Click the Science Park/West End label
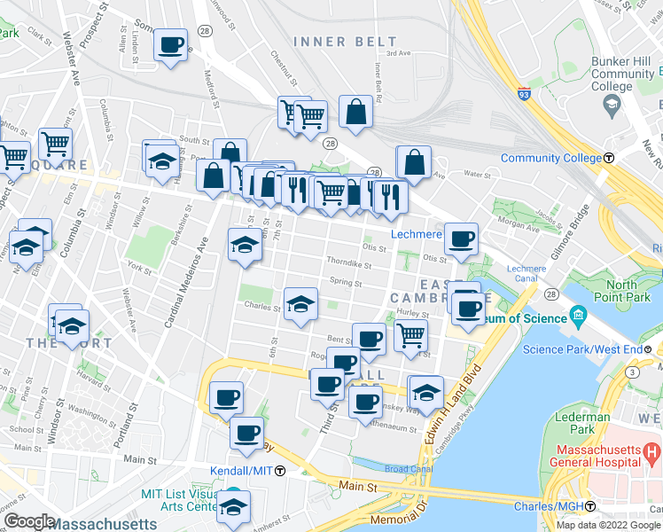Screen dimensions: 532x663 pos(581,348)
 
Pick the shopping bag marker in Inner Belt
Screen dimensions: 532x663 pos(355,112)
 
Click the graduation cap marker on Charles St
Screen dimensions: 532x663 pos(300,303)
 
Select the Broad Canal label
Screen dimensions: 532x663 pos(408,468)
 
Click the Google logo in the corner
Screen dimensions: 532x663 pos(28,521)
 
